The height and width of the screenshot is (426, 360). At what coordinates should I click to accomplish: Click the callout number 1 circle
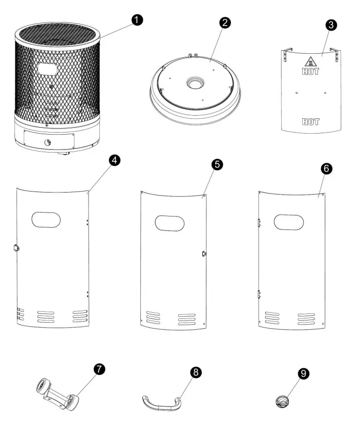pyautogui.click(x=136, y=20)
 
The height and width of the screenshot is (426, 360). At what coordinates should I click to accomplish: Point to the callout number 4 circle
pyautogui.click(x=115, y=160)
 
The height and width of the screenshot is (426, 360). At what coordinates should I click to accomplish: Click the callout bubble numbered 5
pyautogui.click(x=218, y=167)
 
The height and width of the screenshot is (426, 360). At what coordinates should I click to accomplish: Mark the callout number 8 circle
pyautogui.click(x=195, y=373)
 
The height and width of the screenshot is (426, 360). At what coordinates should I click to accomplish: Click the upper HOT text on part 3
pyautogui.click(x=311, y=72)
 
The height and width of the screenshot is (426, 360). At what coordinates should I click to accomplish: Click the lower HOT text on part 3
pyautogui.click(x=310, y=122)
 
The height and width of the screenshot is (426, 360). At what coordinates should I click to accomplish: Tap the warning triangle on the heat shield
pyautogui.click(x=311, y=60)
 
